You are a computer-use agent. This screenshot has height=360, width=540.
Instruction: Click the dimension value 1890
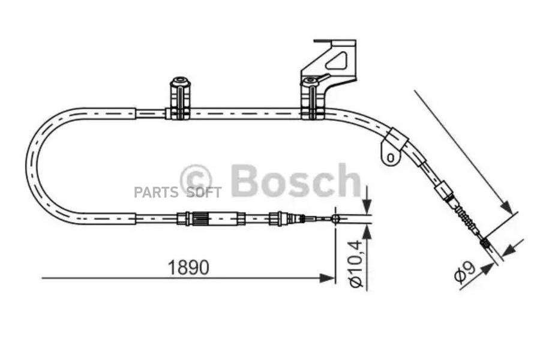[x=188, y=268]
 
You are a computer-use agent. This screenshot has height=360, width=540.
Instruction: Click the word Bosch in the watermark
[x=295, y=179]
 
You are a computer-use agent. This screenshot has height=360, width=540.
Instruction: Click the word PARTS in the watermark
[x=156, y=193]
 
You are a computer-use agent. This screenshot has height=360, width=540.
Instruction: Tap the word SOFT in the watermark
[x=204, y=193]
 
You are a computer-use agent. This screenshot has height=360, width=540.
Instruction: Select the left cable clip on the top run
[x=180, y=98]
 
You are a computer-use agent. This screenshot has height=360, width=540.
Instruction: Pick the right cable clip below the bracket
[x=311, y=99]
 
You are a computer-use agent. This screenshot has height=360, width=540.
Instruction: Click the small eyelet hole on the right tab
[x=391, y=157]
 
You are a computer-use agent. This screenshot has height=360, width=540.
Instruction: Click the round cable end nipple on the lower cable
[x=336, y=218]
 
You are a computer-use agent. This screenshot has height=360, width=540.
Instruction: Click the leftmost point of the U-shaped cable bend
[x=27, y=165]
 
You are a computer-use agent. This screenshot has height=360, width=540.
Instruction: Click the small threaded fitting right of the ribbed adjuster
[x=278, y=218]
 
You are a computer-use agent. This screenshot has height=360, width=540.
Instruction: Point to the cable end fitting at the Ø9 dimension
[x=485, y=243]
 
